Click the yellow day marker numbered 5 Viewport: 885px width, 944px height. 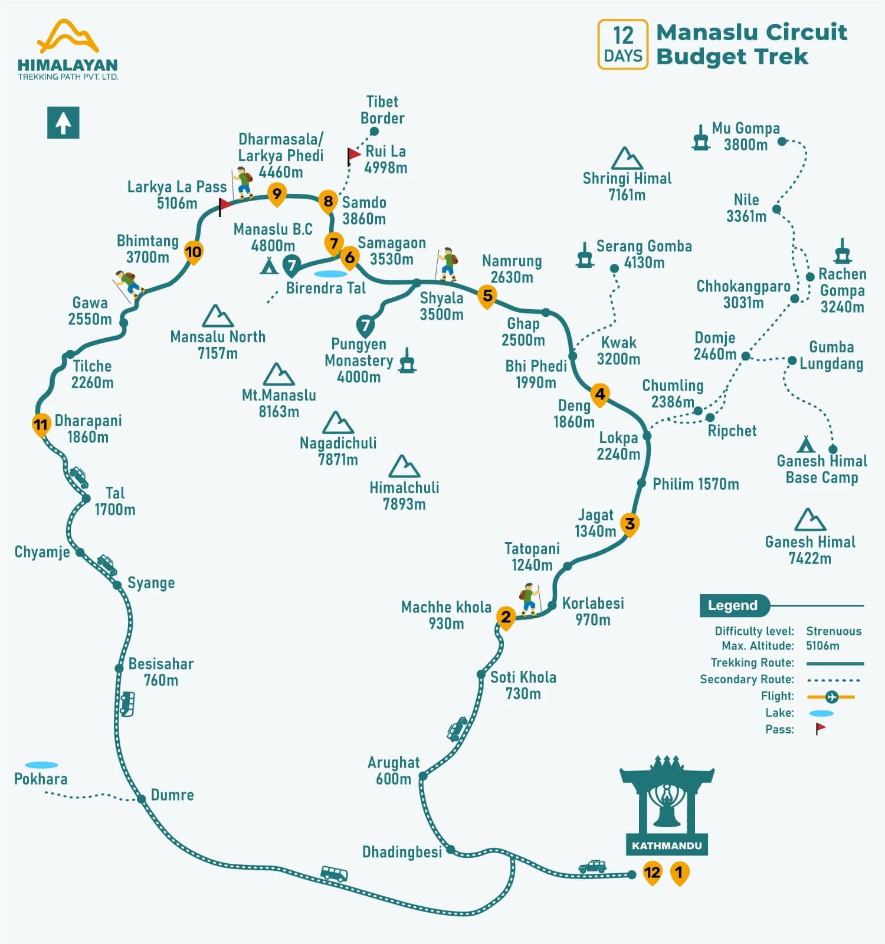tap(487, 296)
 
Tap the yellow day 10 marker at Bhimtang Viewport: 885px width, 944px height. tap(193, 253)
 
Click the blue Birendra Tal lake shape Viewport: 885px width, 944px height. tap(330, 274)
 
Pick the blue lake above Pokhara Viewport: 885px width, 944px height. tap(41, 765)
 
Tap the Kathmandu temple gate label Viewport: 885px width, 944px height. tap(667, 845)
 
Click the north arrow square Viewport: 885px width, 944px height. tap(63, 123)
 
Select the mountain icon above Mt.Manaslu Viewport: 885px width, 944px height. tap(278, 374)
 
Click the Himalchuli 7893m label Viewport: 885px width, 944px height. tap(404, 496)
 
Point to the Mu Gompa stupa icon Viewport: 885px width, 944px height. tap(700, 138)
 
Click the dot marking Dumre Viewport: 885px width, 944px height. tap(142, 799)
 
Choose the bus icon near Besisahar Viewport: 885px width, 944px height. tap(127, 703)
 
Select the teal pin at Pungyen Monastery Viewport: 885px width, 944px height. tap(365, 325)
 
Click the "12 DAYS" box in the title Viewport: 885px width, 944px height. tap(622, 45)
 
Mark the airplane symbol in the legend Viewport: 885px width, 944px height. tap(832, 697)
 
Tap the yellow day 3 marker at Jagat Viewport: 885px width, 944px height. tap(630, 524)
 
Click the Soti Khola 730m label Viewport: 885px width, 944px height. tap(523, 685)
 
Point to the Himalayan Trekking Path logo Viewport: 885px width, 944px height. tap(68, 50)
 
